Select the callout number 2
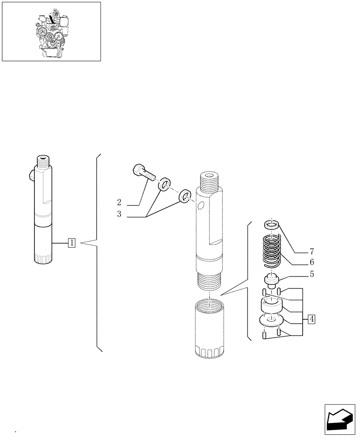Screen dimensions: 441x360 [119, 202]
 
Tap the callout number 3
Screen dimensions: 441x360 [119, 215]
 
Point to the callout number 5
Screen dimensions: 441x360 [311, 274]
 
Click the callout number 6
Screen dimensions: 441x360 [311, 262]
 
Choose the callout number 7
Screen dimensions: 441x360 [311, 252]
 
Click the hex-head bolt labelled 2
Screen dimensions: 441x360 [142, 173]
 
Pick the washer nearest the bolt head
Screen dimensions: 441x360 [165, 184]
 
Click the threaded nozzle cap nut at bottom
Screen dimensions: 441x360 [209, 329]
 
